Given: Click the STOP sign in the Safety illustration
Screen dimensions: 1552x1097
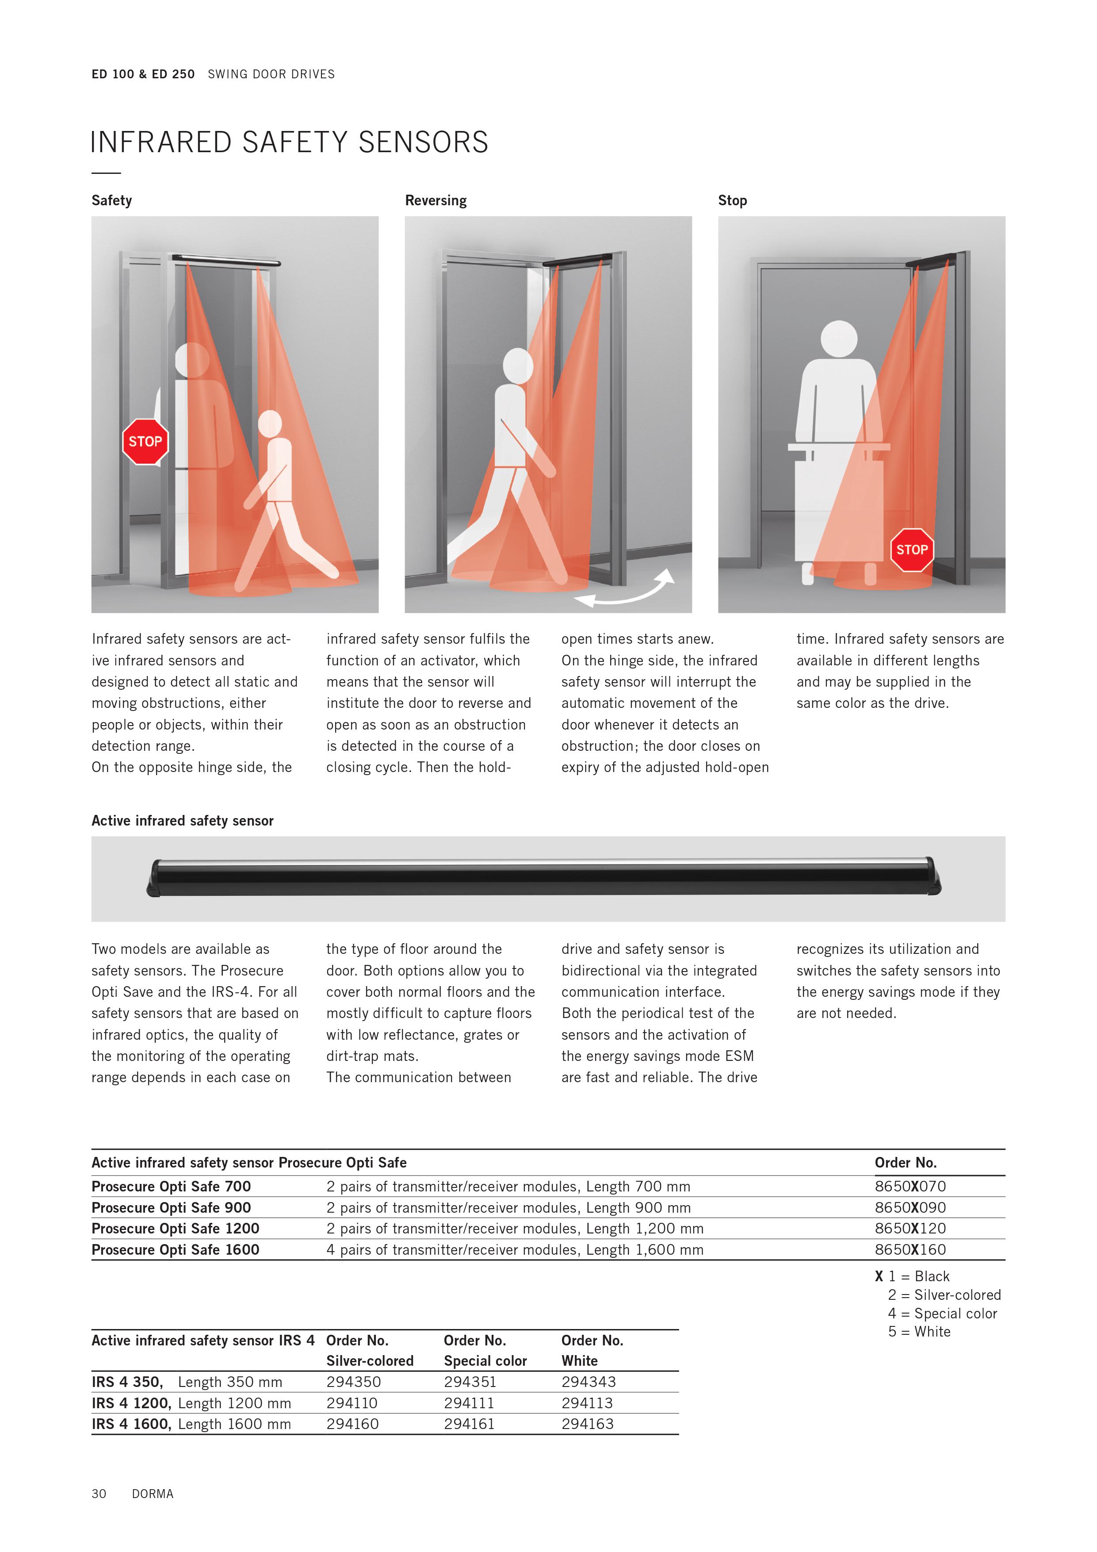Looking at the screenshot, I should (x=145, y=442).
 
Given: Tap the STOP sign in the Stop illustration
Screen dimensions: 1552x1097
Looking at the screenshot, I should (x=911, y=549).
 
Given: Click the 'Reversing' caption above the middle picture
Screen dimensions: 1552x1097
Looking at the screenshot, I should (x=436, y=201).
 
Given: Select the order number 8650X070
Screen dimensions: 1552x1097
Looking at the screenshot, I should (x=910, y=1186).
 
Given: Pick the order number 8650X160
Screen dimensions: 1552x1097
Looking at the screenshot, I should (x=910, y=1249).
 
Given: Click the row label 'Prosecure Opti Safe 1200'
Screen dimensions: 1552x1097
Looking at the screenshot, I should (x=176, y=1228).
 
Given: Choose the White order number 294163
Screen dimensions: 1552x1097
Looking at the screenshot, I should (x=587, y=1424).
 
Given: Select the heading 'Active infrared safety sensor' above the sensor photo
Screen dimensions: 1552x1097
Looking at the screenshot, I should (x=182, y=821).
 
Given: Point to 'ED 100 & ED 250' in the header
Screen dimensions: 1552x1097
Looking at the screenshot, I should (x=143, y=74).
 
